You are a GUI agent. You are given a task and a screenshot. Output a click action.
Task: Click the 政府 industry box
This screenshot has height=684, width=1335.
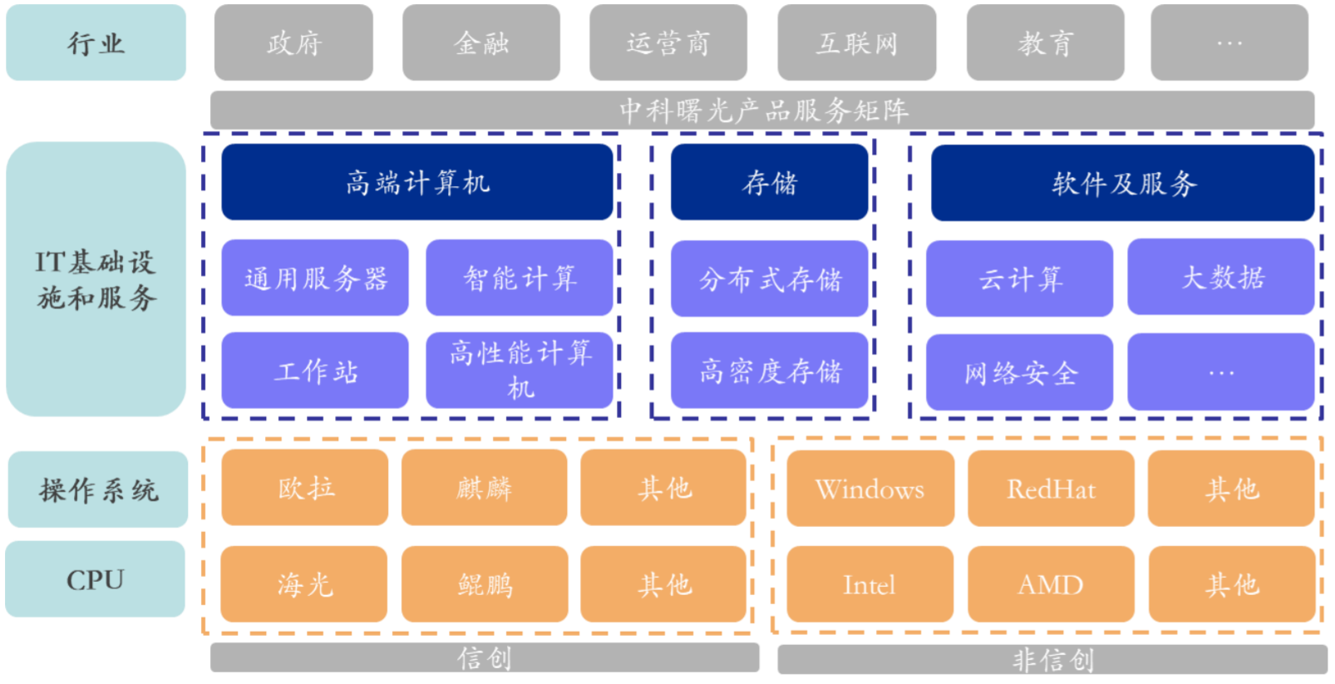293,42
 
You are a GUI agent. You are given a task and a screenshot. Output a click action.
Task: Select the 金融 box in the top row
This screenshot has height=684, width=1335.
481,42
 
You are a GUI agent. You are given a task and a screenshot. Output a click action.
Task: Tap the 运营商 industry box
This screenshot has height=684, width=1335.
668,42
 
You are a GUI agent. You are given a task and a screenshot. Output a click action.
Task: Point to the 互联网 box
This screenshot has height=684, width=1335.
856,42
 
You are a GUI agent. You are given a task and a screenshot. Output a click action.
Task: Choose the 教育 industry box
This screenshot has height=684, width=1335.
1045,42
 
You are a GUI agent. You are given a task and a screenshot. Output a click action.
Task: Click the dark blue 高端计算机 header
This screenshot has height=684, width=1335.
417,182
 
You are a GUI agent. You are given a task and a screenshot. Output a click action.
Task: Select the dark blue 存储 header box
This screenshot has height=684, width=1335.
769,182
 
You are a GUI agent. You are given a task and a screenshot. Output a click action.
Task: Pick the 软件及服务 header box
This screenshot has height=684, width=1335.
1122,183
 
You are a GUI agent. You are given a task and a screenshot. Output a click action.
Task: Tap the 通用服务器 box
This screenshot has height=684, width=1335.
315,278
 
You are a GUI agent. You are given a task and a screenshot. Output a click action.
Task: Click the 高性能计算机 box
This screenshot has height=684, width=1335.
520,370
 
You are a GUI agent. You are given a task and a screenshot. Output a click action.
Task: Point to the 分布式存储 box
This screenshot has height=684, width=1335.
769,278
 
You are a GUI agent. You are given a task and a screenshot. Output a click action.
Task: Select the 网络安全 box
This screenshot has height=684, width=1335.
1019,372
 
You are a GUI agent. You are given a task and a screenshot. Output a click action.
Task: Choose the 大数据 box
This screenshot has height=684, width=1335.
1220,277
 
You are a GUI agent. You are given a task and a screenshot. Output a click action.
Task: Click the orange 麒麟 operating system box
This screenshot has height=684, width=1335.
484,488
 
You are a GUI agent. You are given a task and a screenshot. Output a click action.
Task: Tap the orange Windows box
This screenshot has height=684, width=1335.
869,489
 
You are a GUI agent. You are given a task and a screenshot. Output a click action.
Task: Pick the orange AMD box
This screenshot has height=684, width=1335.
1051,584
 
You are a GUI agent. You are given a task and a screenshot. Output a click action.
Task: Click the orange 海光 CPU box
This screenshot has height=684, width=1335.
304,584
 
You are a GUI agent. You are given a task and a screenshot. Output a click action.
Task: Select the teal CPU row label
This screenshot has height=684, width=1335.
95,579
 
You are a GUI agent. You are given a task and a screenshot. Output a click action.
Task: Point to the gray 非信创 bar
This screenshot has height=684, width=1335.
1052,660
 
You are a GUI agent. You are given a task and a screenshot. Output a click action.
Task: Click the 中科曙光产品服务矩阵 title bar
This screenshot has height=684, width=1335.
762,110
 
